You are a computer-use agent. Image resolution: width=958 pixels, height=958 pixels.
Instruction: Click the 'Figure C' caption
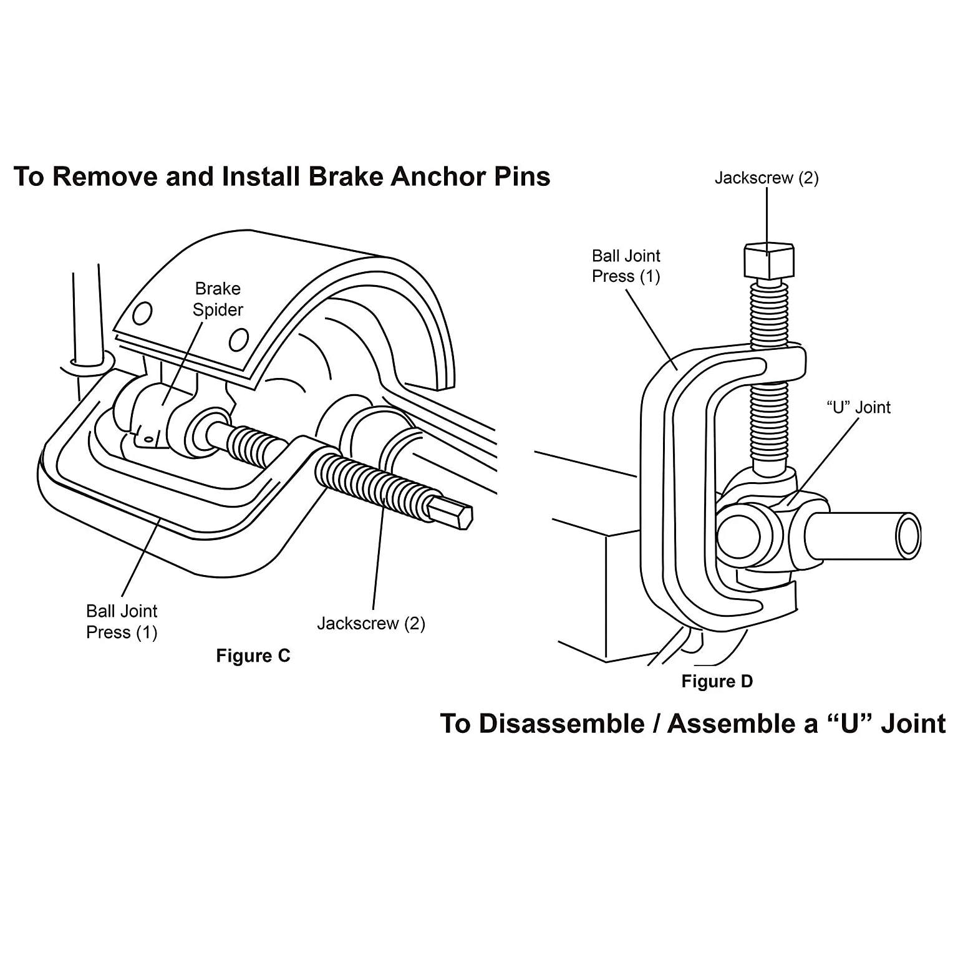pyautogui.click(x=253, y=656)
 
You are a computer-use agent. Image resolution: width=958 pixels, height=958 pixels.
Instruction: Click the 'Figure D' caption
pyautogui.click(x=717, y=681)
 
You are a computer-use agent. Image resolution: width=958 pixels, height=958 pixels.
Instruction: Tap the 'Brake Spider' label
pyautogui.click(x=218, y=299)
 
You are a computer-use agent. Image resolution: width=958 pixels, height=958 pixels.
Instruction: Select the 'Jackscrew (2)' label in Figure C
pyautogui.click(x=371, y=623)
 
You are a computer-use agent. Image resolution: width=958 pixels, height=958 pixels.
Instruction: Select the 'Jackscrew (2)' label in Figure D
pyautogui.click(x=767, y=178)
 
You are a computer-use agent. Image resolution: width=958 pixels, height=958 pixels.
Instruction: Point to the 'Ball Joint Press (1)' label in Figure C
pyautogui.click(x=122, y=622)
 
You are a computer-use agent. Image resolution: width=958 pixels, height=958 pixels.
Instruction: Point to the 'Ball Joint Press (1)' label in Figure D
pyautogui.click(x=626, y=266)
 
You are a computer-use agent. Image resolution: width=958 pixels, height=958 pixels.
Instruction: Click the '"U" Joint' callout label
pyautogui.click(x=859, y=407)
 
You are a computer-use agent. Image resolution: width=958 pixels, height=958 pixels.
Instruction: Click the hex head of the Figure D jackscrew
pyautogui.click(x=768, y=261)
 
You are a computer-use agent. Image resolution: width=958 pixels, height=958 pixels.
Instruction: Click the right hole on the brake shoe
pyautogui.click(x=238, y=340)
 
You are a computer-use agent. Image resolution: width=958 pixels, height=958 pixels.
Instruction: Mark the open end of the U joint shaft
pyautogui.click(x=909, y=536)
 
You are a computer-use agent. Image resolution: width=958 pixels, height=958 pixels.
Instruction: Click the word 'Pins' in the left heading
pyautogui.click(x=522, y=177)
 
